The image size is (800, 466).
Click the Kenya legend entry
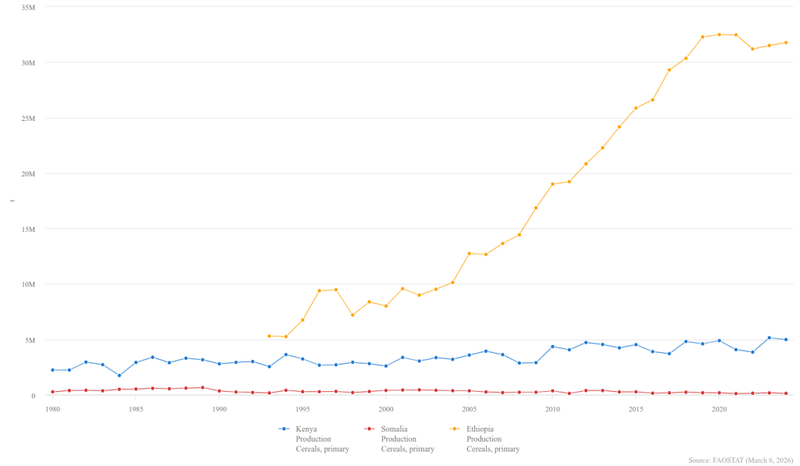point(312,438)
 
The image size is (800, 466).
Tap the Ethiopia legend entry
point(484,438)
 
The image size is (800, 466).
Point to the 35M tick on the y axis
point(28,7)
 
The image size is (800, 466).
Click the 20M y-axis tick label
point(28,173)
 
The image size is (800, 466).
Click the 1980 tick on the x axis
point(52,408)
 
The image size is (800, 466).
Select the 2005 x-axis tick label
point(469,408)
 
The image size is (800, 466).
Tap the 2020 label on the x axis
point(720,408)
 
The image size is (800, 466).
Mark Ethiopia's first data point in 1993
point(269,336)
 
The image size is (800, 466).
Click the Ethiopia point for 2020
point(720,34)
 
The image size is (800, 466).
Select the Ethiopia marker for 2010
point(552,184)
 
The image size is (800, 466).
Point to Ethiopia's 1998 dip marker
point(352,315)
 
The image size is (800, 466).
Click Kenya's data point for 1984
point(119,375)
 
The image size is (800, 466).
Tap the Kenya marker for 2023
point(770,338)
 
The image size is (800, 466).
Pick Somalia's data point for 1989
point(202,387)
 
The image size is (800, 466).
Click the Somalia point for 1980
point(52,392)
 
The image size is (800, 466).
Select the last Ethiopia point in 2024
point(786,42)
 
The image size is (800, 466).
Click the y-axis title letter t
point(12,201)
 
